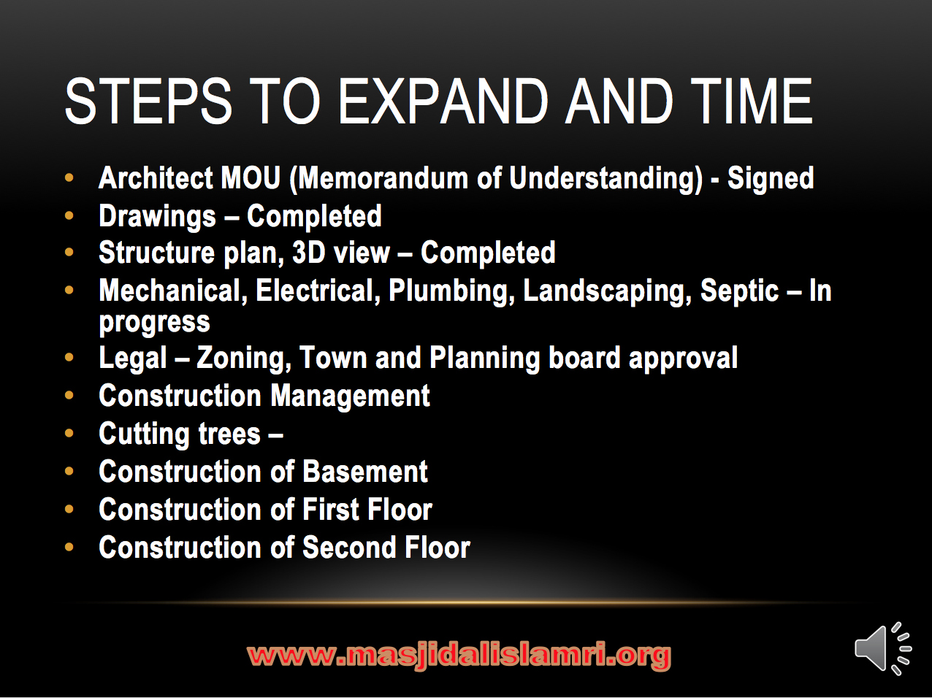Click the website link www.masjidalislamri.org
(x=459, y=655)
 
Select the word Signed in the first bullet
(x=771, y=178)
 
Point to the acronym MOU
(x=251, y=178)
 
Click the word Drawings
(x=157, y=216)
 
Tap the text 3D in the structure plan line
(x=308, y=253)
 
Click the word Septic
(x=739, y=291)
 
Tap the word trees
(x=229, y=434)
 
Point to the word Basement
(x=365, y=472)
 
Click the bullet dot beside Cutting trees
(x=69, y=434)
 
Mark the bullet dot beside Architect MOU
(x=69, y=178)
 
